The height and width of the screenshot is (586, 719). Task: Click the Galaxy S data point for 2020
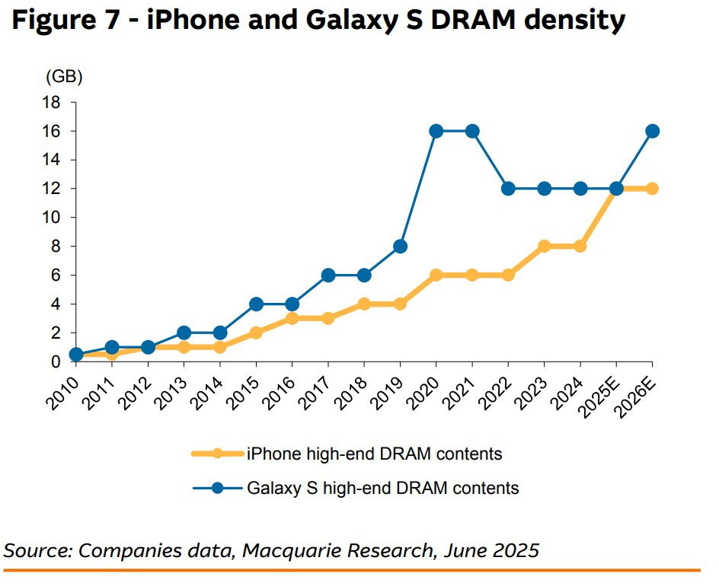(x=436, y=131)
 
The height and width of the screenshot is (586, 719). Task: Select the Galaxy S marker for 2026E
(x=652, y=131)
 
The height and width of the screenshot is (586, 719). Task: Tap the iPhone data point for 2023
(x=544, y=247)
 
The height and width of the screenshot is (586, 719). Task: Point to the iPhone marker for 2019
(x=400, y=304)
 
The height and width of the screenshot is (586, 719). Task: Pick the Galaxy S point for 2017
(x=328, y=275)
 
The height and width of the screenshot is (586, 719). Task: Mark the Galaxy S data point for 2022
(x=508, y=189)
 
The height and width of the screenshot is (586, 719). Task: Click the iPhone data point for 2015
(x=256, y=333)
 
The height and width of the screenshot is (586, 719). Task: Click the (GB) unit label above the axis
(x=64, y=77)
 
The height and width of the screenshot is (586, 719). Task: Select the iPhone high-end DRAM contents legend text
(x=374, y=454)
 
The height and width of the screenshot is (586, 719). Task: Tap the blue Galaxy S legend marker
(x=218, y=488)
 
